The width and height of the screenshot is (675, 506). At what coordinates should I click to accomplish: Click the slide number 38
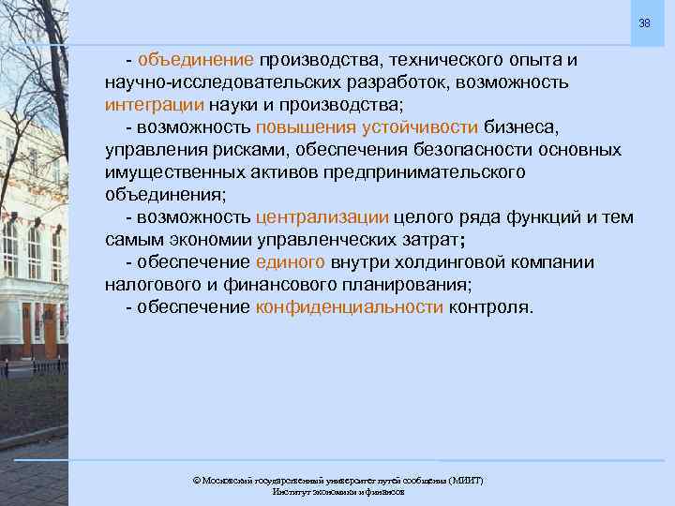click(644, 22)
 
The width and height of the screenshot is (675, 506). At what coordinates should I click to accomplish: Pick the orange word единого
click(290, 262)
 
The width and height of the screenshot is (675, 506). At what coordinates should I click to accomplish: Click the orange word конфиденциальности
click(349, 307)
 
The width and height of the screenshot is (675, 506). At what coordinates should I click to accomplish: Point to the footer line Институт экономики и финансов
click(337, 492)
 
